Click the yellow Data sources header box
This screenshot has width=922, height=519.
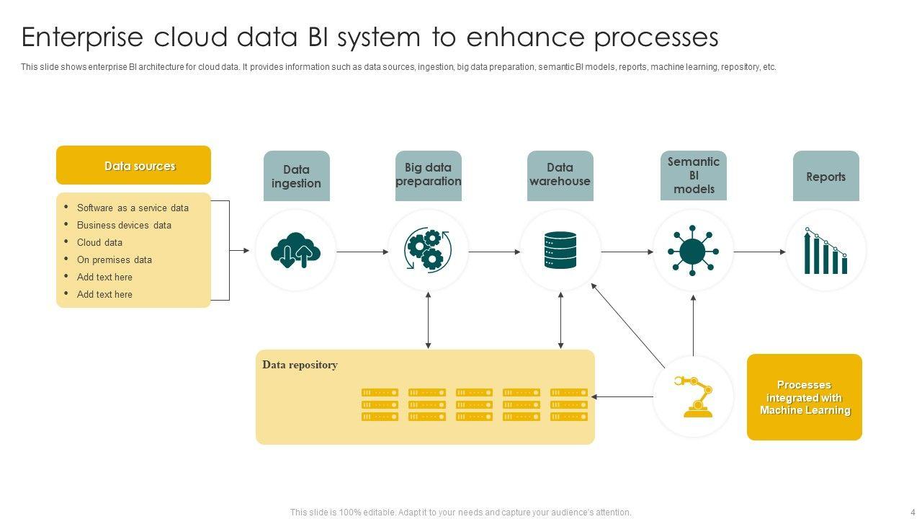tap(133, 166)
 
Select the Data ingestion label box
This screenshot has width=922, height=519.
tap(296, 176)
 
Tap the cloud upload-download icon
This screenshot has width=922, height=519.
tap(295, 251)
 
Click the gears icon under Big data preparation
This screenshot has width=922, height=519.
tap(428, 250)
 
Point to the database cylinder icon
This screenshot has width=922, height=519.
tap(560, 250)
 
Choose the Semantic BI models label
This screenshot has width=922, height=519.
tap(693, 175)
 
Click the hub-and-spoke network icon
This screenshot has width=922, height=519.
tap(692, 251)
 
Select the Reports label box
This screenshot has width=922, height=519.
tap(825, 177)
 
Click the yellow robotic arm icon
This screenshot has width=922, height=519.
tap(693, 396)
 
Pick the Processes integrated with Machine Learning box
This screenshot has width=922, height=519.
tap(804, 397)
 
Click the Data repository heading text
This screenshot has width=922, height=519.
tap(300, 365)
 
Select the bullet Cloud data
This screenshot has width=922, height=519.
tap(99, 242)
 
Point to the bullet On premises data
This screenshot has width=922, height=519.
tap(114, 259)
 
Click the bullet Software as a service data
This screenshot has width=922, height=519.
tap(133, 208)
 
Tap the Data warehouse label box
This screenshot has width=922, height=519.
tap(560, 175)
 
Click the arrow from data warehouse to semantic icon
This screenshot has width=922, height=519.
tap(627, 252)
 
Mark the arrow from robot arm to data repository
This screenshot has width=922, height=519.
tap(623, 396)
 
